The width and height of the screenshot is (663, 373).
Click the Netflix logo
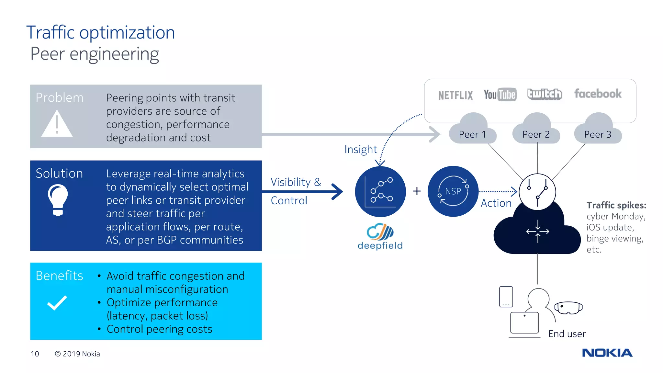455,95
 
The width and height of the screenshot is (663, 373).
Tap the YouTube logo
500,95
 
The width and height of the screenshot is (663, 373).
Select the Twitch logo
545,94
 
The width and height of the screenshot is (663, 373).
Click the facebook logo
598,94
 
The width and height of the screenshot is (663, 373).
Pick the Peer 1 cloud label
472,134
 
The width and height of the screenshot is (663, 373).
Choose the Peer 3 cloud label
598,134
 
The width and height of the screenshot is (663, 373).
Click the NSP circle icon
453,191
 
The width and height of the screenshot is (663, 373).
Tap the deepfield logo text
380,245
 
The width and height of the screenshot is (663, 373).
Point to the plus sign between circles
417,191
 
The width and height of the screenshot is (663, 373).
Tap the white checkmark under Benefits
57,303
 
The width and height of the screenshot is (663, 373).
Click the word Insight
361,150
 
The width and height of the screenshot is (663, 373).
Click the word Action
496,203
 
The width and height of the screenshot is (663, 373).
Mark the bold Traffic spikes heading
616,205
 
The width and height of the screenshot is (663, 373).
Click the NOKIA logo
607,353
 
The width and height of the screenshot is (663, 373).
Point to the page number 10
35,354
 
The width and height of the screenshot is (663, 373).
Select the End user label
567,334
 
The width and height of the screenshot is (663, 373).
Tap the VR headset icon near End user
568,308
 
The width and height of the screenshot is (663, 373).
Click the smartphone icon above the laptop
506,297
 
